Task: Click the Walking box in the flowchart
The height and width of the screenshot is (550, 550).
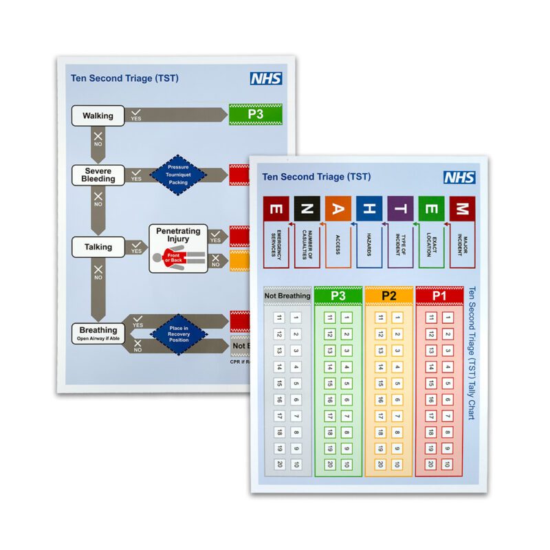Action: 98,115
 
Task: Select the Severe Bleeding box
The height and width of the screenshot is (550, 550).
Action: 98,175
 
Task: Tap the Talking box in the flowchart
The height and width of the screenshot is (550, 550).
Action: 98,247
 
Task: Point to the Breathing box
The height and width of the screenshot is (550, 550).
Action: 98,333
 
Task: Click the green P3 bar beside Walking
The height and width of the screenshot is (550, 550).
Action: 256,115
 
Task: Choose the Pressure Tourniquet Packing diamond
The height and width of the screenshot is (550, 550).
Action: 179,175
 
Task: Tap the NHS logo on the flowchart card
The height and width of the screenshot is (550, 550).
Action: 266,78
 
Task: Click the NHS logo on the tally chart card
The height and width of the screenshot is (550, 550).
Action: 459,177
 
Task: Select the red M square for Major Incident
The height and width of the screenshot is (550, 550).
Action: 463,208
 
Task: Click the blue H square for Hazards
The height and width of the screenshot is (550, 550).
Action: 369,208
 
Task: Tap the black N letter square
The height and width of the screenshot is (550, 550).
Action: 307,208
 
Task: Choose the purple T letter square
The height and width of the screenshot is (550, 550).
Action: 400,208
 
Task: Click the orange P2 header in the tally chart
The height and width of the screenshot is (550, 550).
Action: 389,296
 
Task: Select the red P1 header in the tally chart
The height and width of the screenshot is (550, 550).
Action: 439,296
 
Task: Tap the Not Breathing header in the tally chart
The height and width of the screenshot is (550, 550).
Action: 287,296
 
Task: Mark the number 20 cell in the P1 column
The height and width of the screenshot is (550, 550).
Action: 431,464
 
